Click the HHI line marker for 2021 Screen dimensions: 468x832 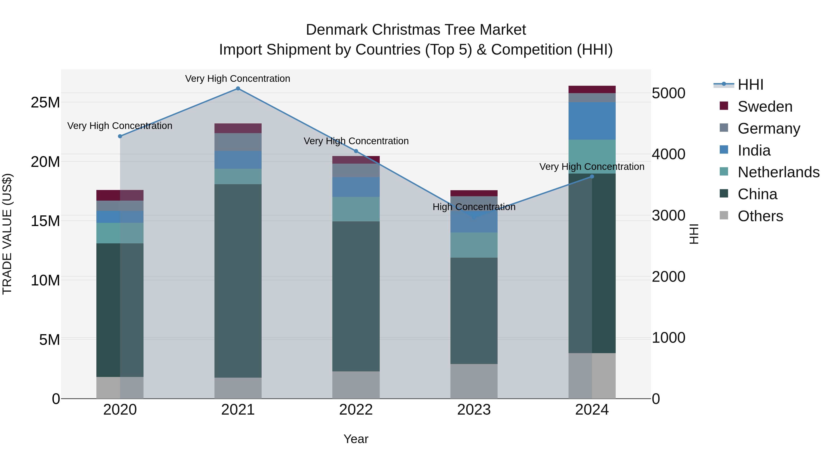(x=238, y=89)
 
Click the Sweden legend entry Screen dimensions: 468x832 (x=764, y=107)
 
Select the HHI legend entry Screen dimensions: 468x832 (x=750, y=85)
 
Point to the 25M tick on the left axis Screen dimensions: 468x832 (x=45, y=103)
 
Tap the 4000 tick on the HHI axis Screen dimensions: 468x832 (x=668, y=154)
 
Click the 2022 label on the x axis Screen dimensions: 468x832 (x=356, y=410)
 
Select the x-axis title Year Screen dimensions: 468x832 (x=356, y=439)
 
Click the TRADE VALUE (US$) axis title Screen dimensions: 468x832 (x=7, y=234)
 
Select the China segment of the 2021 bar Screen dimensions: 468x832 (x=238, y=281)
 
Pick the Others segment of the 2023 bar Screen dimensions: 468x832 (x=474, y=381)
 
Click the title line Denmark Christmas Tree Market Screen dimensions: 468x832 (x=416, y=30)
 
